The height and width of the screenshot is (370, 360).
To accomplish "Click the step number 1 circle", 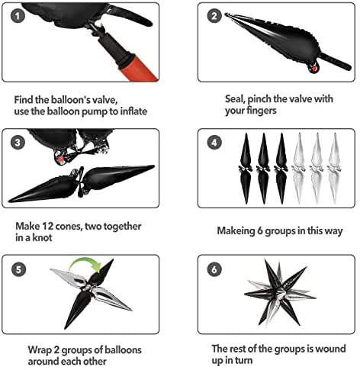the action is [18, 16].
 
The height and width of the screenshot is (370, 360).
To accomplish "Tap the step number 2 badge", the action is [214, 16].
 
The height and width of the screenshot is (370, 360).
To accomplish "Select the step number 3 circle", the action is [18, 143].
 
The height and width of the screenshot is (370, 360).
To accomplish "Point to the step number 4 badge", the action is [214, 143].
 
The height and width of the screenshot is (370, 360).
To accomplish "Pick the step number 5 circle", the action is [18, 269].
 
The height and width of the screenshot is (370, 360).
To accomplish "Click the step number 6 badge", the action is [214, 269].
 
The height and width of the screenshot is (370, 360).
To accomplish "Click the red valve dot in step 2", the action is [314, 69].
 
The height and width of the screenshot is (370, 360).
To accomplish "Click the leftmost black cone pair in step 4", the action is [246, 169].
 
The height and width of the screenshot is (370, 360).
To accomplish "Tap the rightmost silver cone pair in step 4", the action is [334, 169].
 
